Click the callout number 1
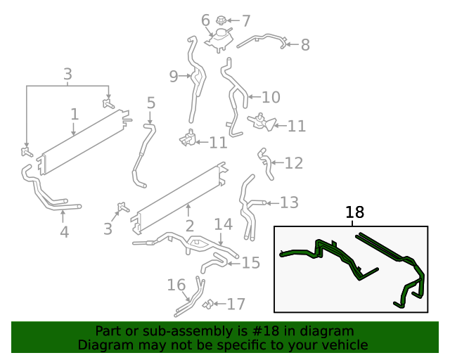75,114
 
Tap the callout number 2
189,226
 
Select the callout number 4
64,231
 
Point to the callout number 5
151,104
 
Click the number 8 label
304,45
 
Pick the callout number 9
174,77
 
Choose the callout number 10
271,97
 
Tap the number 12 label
293,163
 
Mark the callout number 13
289,202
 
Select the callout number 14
223,224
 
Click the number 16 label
176,285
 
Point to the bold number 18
355,212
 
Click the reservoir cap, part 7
221,20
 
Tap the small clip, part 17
209,304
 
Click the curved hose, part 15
212,265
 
